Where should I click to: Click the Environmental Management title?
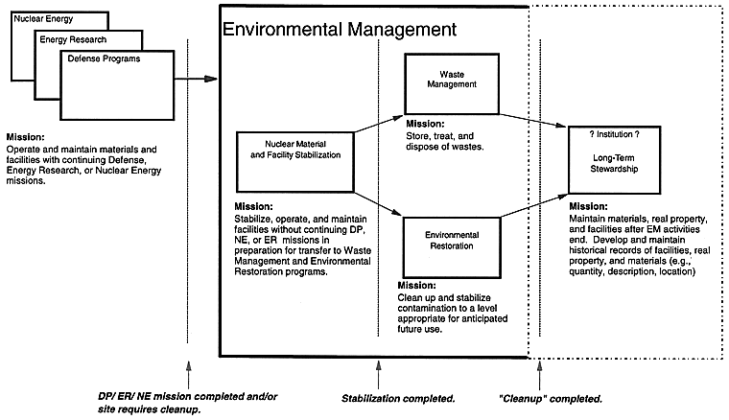click(x=340, y=30)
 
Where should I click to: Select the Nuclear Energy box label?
click(x=43, y=19)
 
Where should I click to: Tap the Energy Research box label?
click(x=73, y=39)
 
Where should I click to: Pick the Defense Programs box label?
click(x=104, y=58)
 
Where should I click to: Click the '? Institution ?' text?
click(x=614, y=134)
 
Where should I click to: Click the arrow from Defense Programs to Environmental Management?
click(x=196, y=79)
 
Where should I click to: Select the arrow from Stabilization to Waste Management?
click(x=379, y=124)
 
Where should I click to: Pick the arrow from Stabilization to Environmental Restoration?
click(x=378, y=203)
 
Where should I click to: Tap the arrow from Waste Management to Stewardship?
click(x=533, y=120)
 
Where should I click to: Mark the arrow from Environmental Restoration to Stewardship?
click(x=534, y=205)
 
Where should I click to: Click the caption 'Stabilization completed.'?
click(x=398, y=399)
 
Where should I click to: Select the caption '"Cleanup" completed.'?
click(x=550, y=399)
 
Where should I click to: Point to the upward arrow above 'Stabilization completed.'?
click(x=379, y=375)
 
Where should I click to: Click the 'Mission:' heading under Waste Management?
click(x=425, y=124)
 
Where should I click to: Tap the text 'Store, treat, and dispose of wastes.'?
click(x=445, y=141)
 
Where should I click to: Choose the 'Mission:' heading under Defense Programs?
click(x=26, y=137)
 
